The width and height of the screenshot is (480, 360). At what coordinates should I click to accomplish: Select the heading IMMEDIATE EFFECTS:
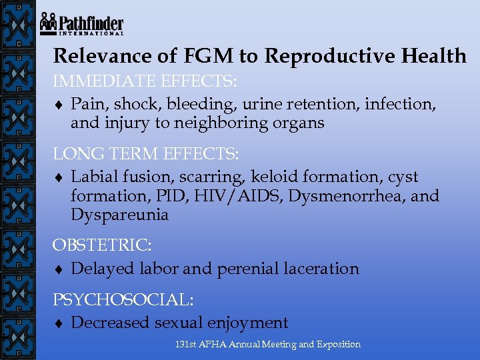(x=145, y=82)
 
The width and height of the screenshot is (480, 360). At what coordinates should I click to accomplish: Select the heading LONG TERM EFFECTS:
(x=146, y=154)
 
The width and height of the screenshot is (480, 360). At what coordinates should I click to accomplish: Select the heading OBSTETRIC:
(x=102, y=245)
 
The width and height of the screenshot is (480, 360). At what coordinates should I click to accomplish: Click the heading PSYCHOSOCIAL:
(x=123, y=299)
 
